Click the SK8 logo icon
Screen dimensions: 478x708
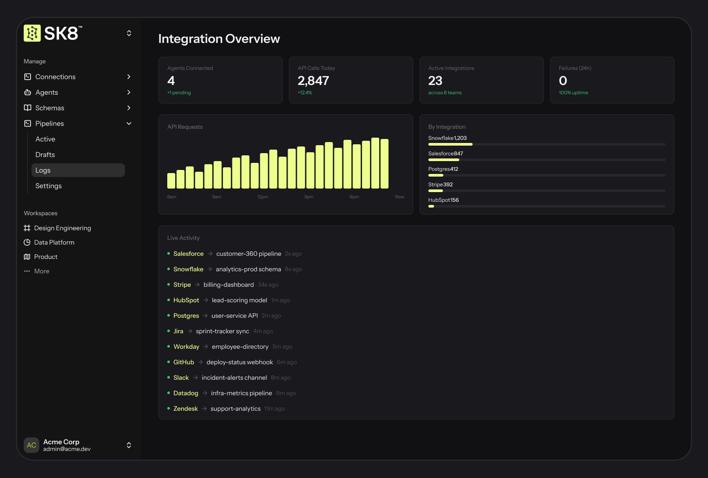point(32,33)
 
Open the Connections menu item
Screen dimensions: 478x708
point(55,77)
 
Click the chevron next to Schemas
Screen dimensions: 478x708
point(129,108)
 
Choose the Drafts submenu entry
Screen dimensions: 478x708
point(45,154)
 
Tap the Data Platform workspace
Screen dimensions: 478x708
point(54,243)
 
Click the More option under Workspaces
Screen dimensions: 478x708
point(42,271)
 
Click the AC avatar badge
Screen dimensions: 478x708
point(31,445)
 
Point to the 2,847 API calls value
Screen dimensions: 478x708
point(313,81)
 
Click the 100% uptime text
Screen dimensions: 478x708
point(573,93)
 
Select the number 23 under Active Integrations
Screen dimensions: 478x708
point(435,81)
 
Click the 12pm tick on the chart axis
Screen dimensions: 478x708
point(263,197)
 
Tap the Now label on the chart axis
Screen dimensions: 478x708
point(399,197)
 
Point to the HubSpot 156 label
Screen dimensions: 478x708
point(443,200)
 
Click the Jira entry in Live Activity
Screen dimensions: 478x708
point(178,331)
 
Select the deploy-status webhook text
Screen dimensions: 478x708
point(239,362)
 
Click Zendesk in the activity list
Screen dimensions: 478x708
point(185,409)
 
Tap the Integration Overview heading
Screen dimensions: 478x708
point(219,39)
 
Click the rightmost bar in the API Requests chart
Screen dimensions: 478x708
point(385,164)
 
